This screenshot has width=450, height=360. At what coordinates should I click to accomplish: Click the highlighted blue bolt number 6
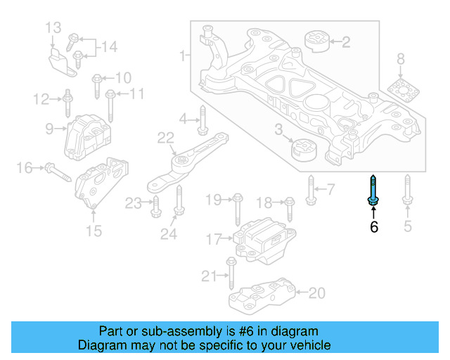pos(373,192)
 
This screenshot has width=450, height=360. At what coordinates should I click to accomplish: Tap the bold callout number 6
pos(374,226)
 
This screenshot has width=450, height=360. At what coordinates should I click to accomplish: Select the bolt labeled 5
pos(406,192)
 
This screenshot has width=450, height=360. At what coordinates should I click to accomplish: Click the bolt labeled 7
pos(310,189)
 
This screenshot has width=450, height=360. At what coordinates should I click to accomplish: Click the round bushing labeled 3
pos(304,149)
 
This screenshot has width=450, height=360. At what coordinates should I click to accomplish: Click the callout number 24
pos(168,234)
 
